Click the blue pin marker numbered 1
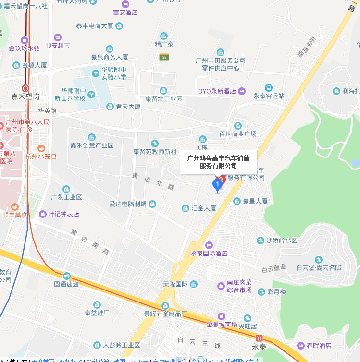(x=218, y=184)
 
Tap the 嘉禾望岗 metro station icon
(x=25, y=88)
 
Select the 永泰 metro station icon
(x=260, y=338)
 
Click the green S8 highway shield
(x=164, y=57)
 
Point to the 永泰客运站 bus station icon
(x=268, y=88)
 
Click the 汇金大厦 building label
(x=204, y=208)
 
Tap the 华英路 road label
(x=48, y=110)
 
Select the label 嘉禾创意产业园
(x=92, y=145)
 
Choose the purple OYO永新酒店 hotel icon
(x=242, y=91)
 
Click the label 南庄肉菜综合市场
(x=239, y=287)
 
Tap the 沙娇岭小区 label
(x=282, y=241)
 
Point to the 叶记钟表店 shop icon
(x=43, y=214)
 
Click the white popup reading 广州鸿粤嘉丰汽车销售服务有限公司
(x=219, y=161)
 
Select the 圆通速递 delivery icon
(x=66, y=276)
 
